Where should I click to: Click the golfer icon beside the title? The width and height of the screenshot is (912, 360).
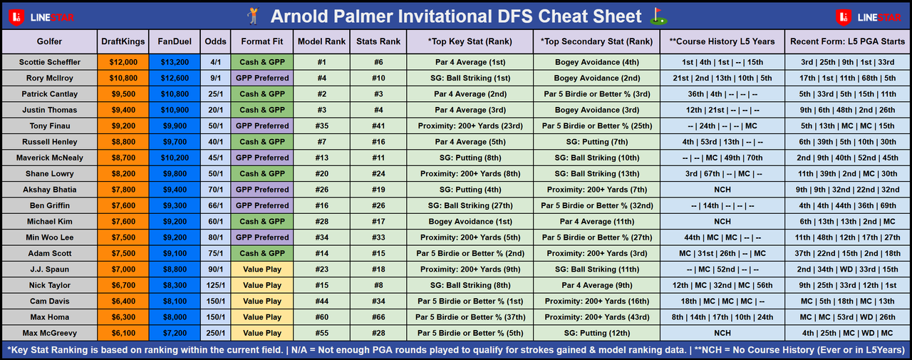click(x=253, y=16)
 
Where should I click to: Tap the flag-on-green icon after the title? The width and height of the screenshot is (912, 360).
click(x=658, y=16)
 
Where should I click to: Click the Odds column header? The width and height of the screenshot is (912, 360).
click(x=215, y=41)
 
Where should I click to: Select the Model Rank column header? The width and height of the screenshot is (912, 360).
click(x=321, y=41)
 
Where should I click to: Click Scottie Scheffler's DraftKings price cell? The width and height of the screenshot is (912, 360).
click(x=123, y=62)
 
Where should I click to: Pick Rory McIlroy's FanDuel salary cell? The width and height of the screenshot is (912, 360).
click(x=175, y=78)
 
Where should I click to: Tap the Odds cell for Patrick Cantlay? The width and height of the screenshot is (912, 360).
click(x=215, y=94)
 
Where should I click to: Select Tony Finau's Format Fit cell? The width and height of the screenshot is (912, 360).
click(x=261, y=126)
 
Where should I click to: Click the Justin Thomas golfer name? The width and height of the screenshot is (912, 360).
click(x=50, y=110)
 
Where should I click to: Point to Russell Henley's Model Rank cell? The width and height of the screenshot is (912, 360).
click(x=321, y=142)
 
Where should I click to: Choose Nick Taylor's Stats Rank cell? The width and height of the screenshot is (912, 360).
click(x=378, y=285)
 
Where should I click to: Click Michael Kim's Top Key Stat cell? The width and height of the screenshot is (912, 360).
click(x=470, y=222)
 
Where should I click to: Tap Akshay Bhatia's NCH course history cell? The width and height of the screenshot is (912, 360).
click(x=722, y=190)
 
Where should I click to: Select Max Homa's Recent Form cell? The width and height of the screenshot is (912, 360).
click(x=847, y=317)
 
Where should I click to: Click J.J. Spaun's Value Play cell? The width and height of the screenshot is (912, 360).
click(x=261, y=269)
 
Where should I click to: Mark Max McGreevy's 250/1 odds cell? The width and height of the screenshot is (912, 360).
click(x=215, y=333)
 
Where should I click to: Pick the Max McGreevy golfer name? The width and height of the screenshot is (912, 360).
click(x=50, y=333)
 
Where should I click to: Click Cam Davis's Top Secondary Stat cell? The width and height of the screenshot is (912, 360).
click(x=596, y=302)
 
